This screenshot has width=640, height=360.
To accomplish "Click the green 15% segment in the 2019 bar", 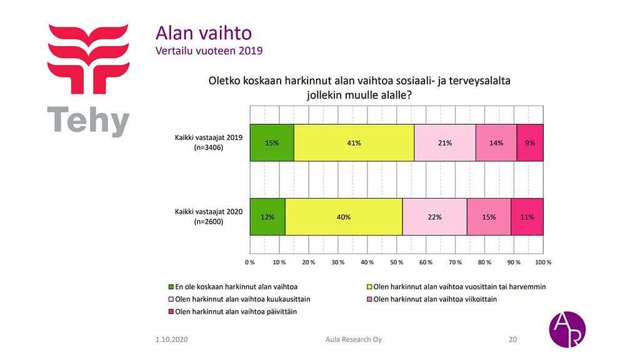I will click(272, 142).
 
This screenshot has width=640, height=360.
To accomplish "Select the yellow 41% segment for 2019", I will click(354, 142).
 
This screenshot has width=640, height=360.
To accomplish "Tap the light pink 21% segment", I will click(445, 142).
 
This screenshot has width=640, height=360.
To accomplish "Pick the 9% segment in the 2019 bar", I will click(530, 142).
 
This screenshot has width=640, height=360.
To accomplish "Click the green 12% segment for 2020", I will click(267, 217).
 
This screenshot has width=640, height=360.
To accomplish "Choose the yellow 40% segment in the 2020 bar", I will click(344, 217).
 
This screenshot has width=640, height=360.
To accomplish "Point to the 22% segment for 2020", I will click(434, 217).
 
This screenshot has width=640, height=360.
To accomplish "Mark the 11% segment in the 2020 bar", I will click(527, 217).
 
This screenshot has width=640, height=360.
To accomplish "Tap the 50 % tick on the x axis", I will click(397, 262).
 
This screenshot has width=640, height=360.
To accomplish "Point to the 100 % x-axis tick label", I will click(543, 262).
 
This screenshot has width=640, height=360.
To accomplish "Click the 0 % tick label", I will click(250, 262).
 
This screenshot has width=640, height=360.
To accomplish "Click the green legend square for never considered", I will click(171, 286).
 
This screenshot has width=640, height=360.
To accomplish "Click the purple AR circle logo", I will click(567, 329).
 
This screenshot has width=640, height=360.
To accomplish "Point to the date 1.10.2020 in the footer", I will click(172, 339).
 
